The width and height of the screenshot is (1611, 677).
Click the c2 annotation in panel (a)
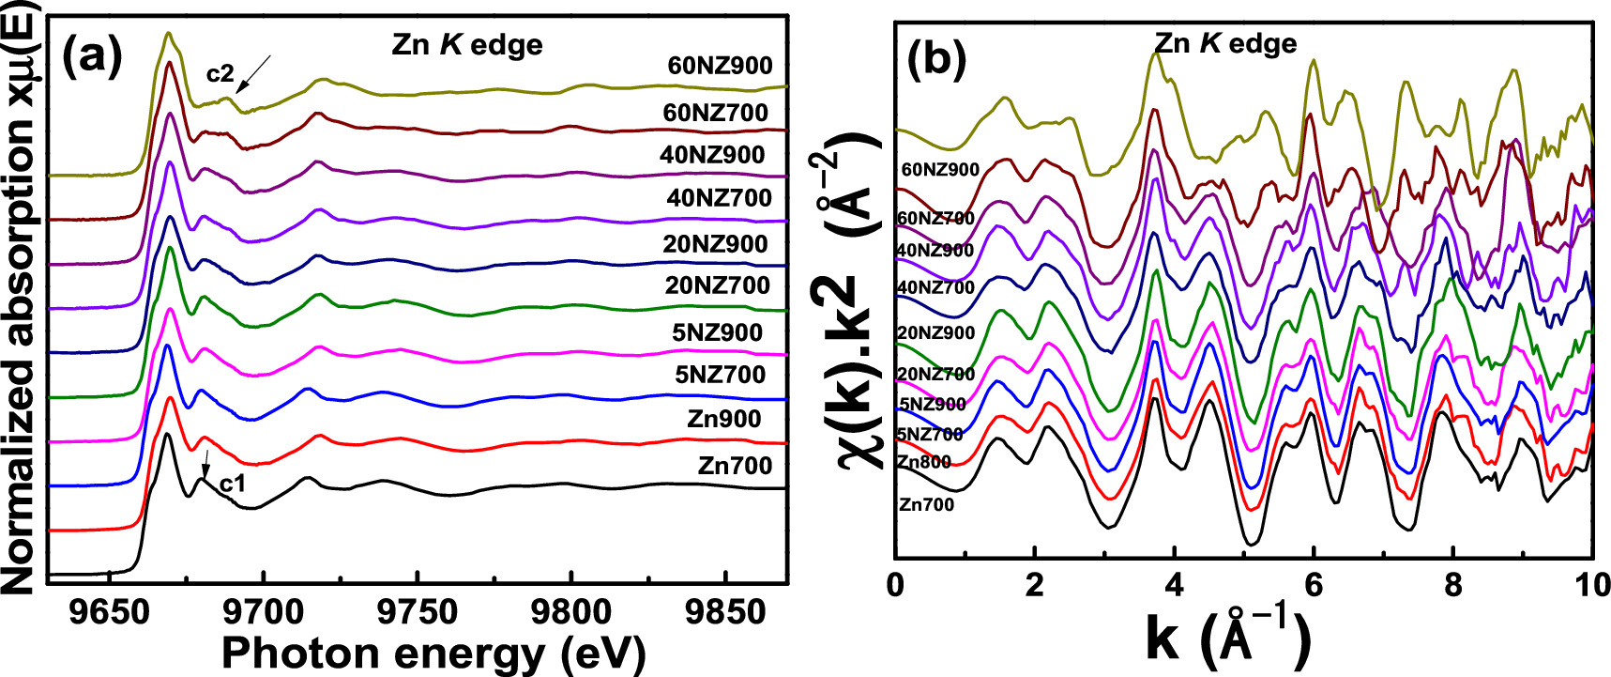[220, 73]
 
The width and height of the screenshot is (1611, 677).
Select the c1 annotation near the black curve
[232, 485]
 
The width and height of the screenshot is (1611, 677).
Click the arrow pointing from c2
[253, 72]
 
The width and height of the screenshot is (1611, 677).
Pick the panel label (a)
[92, 58]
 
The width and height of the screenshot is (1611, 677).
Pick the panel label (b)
[937, 59]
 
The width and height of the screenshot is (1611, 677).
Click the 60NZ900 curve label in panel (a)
[720, 66]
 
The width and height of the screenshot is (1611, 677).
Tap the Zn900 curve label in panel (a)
[723, 419]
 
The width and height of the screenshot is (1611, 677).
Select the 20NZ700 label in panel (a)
[717, 285]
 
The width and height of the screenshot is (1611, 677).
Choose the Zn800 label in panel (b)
[923, 462]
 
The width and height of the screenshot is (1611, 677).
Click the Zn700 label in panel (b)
[926, 505]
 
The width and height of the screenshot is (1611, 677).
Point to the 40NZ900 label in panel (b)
[935, 251]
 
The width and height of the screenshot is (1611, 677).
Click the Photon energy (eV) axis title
[433, 652]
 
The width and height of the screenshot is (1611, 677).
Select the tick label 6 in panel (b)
[1313, 586]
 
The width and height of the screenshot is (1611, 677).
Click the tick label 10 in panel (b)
[1590, 586]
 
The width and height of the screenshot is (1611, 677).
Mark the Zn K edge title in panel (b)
[1224, 43]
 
